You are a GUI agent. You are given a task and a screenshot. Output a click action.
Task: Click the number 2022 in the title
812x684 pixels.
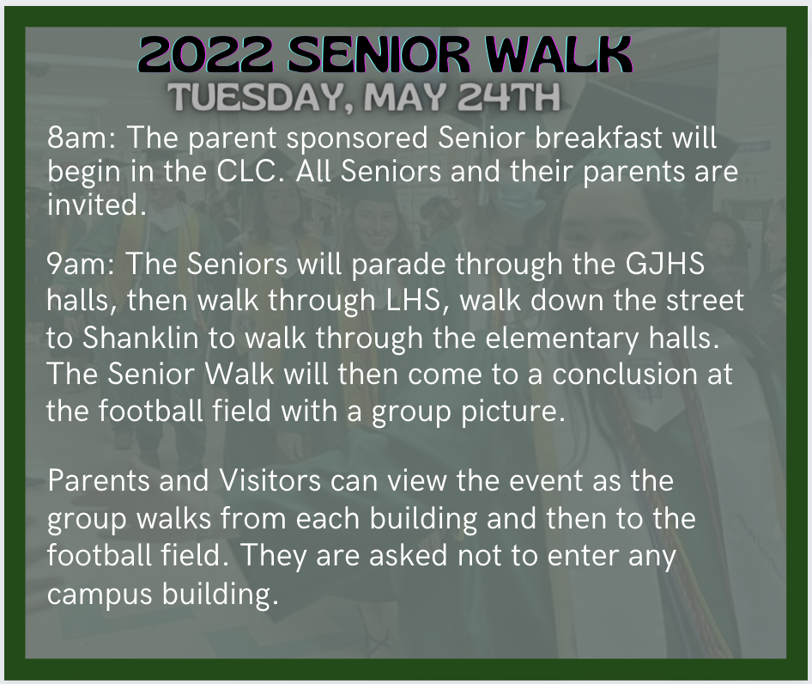tap(206, 54)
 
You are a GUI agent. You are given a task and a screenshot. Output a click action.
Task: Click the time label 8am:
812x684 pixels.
tap(82, 138)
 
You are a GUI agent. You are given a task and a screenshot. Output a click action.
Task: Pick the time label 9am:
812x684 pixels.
tap(81, 264)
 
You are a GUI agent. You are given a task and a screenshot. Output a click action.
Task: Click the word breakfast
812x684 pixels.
tap(598, 138)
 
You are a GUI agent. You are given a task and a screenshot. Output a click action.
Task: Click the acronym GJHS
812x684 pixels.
tap(664, 264)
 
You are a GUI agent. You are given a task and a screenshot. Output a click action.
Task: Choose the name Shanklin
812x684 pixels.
tap(140, 338)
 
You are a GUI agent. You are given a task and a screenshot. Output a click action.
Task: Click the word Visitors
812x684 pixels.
tap(270, 480)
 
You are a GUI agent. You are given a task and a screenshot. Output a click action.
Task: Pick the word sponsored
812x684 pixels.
tap(357, 139)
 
